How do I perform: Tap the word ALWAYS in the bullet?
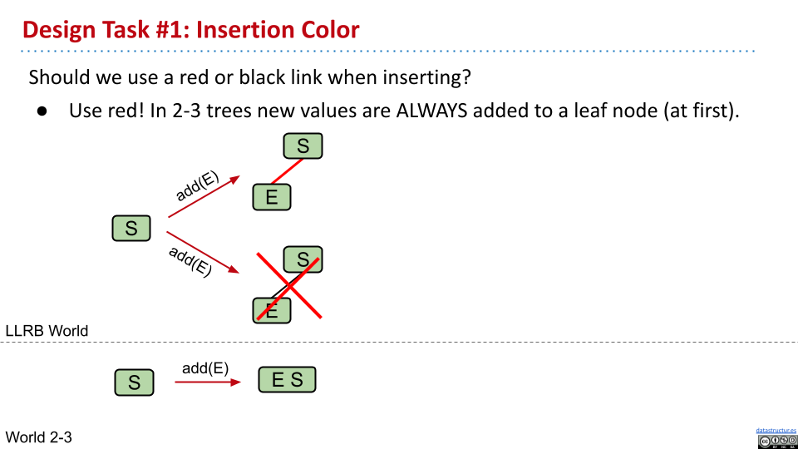[x=431, y=111]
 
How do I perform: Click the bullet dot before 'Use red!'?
[x=42, y=111]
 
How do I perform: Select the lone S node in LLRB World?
[x=131, y=228]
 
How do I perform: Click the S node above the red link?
[x=303, y=146]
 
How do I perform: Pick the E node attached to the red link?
[x=272, y=197]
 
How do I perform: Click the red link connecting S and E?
[x=287, y=171]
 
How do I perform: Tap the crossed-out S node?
[x=303, y=259]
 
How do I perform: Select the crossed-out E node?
[x=272, y=310]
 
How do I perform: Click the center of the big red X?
[x=289, y=286]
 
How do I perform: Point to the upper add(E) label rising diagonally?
[x=198, y=186]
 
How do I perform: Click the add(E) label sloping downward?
[x=190, y=261]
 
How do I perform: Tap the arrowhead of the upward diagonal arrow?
[x=235, y=180]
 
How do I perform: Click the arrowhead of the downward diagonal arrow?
[x=234, y=269]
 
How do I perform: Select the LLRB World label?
[x=47, y=331]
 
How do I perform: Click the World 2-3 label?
[x=39, y=437]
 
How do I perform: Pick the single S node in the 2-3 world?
[x=134, y=382]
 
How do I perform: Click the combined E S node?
[x=287, y=380]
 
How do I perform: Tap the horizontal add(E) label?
[x=205, y=368]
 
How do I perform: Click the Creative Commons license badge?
[x=777, y=442]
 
